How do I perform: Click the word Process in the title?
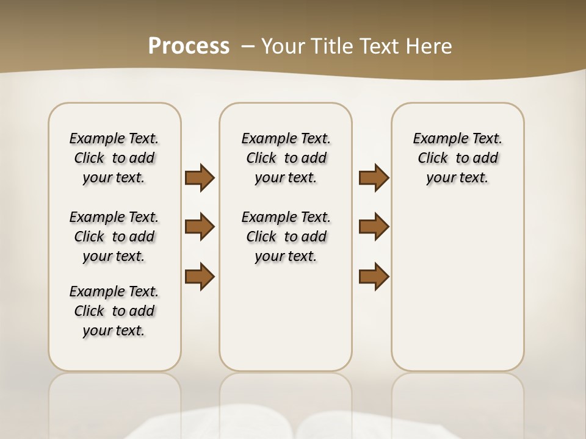click(189, 46)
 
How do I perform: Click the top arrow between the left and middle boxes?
click(200, 177)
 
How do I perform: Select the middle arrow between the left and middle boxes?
click(200, 227)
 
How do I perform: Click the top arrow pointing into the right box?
click(374, 177)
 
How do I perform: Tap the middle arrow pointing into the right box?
click(374, 227)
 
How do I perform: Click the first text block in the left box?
click(114, 158)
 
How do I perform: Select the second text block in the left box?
click(114, 237)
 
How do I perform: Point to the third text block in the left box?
click(114, 311)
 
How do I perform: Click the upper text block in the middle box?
click(286, 158)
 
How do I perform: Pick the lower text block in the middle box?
click(286, 237)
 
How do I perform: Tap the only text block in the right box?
click(458, 158)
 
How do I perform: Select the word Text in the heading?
click(378, 46)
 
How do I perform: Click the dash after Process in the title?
click(248, 46)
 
